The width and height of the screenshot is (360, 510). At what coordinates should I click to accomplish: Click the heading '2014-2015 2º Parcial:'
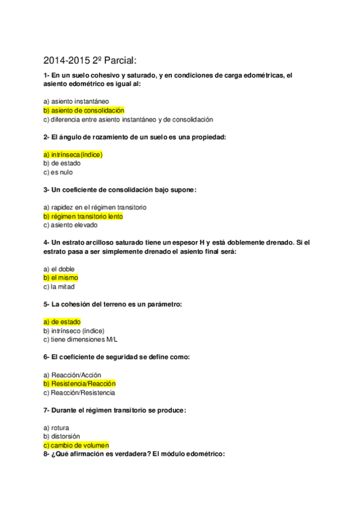point(91,60)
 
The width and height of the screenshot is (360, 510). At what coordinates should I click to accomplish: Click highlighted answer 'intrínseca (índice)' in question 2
point(73,155)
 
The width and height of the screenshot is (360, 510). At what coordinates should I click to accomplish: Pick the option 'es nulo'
point(58,172)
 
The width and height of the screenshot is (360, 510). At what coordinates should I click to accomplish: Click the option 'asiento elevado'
point(70,225)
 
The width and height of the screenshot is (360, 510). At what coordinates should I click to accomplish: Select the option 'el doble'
point(59,269)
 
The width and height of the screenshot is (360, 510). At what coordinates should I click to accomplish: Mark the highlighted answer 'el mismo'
point(61,278)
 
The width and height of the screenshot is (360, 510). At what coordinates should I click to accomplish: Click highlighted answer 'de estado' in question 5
point(62,322)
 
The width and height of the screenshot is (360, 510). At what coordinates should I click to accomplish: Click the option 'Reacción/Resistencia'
point(79,393)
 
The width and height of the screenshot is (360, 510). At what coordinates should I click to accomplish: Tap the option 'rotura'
point(56,428)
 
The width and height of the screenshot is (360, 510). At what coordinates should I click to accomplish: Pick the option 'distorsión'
point(62,437)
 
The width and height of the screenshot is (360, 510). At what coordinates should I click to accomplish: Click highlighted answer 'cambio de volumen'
point(76,446)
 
